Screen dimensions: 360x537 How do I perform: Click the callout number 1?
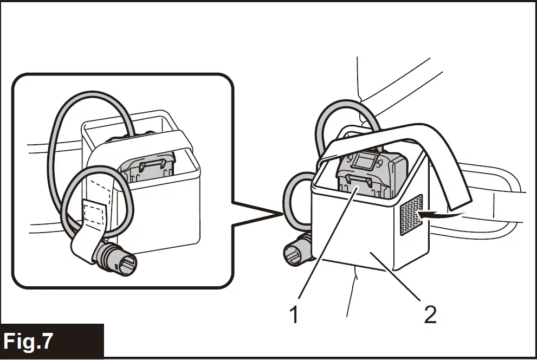(x=294, y=314)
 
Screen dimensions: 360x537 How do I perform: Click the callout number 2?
(x=430, y=314)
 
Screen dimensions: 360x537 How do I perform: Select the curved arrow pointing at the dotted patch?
(x=442, y=215)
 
